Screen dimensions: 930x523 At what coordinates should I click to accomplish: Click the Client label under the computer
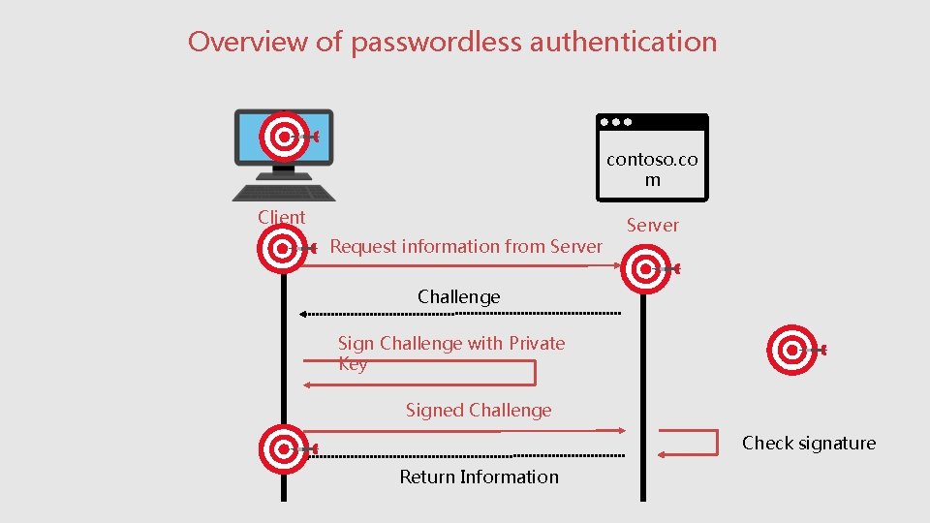pos(281,218)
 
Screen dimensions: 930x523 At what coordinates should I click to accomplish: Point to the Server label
pos(652,226)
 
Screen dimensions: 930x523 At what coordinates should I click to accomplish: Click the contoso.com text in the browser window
pos(652,169)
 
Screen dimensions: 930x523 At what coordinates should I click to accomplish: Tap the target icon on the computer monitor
pos(285,137)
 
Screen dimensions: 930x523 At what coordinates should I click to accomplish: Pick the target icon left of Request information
pos(283,249)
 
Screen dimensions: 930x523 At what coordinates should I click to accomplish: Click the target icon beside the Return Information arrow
pos(284,448)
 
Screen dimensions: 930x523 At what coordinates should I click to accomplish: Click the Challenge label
pos(459,297)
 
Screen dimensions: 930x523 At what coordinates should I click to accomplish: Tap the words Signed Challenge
pos(479,411)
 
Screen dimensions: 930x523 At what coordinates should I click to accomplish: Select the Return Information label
pos(479,477)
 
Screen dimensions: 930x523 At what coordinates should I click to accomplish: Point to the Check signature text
pos(808,444)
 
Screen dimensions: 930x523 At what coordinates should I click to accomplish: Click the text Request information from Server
pos(466,247)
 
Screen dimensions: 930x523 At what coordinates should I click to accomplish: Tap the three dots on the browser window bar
pos(616,123)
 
